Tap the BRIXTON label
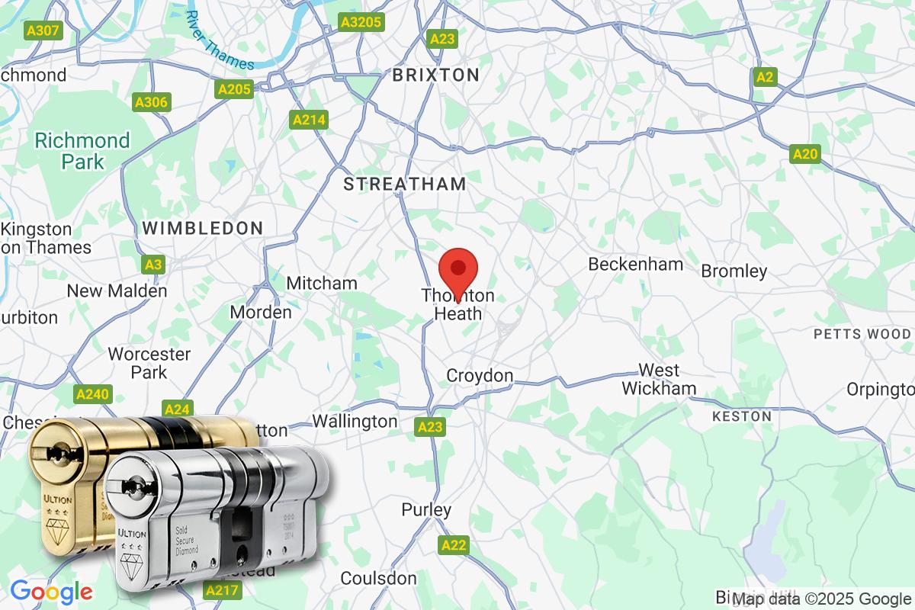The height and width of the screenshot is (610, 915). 435,75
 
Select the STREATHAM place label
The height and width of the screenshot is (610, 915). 404,184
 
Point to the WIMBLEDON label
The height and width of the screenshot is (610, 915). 202,227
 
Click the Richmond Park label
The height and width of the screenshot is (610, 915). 83,151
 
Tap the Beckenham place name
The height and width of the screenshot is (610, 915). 635,264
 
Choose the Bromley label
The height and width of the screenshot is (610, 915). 734,271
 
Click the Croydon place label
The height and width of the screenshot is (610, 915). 480,375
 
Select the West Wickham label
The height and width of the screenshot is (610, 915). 659,379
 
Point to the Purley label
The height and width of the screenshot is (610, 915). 427,509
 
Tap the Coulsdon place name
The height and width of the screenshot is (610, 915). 379,578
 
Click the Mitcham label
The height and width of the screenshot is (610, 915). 322,283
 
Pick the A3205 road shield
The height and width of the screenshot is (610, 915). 361,22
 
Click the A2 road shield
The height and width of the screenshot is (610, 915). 765,76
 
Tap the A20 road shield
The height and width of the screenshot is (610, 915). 805,155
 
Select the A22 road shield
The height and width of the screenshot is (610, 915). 453,544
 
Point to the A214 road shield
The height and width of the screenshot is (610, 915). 309,120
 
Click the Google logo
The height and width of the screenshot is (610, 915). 51,591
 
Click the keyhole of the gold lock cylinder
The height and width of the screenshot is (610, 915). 56,454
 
